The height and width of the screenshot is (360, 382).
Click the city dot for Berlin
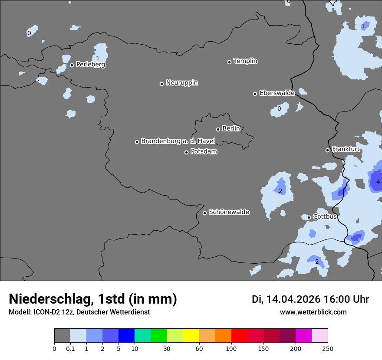point(218,129)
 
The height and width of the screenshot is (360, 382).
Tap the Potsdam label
point(204,152)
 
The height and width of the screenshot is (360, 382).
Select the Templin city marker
point(229,62)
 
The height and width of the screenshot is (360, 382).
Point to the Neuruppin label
point(181,83)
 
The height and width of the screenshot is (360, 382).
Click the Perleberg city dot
point(72,65)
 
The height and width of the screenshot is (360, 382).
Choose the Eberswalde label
point(277,93)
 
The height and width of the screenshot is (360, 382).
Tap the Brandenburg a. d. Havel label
point(178,141)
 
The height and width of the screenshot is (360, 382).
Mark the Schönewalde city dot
point(204,213)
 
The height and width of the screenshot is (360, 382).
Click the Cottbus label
point(325,216)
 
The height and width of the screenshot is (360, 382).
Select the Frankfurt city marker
point(327,150)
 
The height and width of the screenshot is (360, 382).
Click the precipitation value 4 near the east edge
point(378,182)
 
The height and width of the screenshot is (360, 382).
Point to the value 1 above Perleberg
point(98,58)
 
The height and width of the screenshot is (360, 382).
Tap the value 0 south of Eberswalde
point(279,108)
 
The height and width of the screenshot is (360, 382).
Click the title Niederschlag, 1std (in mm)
point(93,299)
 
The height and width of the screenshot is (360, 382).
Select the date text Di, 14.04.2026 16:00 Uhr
point(310,299)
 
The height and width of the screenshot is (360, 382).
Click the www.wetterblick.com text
point(313,312)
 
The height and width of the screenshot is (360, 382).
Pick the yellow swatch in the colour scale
point(191,336)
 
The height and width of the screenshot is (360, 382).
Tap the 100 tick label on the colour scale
point(231,348)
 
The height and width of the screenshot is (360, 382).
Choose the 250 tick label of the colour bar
point(328,348)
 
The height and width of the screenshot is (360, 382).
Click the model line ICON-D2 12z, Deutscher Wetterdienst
point(79,312)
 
